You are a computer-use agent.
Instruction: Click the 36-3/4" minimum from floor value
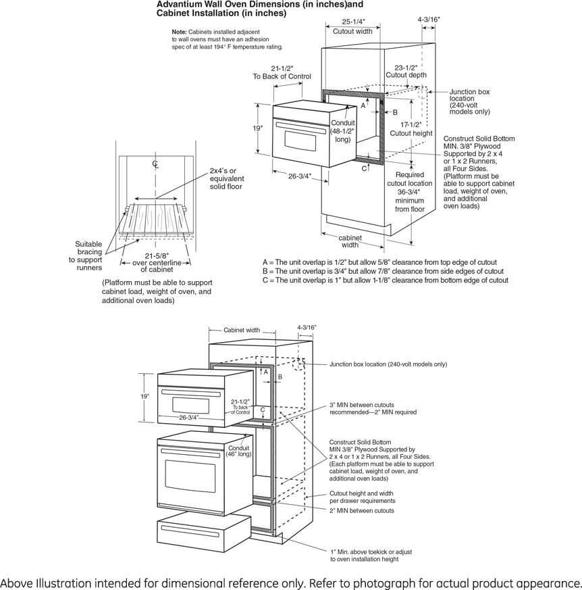410,192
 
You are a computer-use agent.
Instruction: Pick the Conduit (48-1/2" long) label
342,131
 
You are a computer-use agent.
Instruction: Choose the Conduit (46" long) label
239,451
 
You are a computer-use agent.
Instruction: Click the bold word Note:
179,32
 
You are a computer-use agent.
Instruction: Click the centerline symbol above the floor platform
155,164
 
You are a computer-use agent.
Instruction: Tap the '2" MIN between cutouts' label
362,510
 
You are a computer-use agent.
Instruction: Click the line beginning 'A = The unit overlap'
379,262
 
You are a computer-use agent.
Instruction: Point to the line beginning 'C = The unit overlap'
386,280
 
